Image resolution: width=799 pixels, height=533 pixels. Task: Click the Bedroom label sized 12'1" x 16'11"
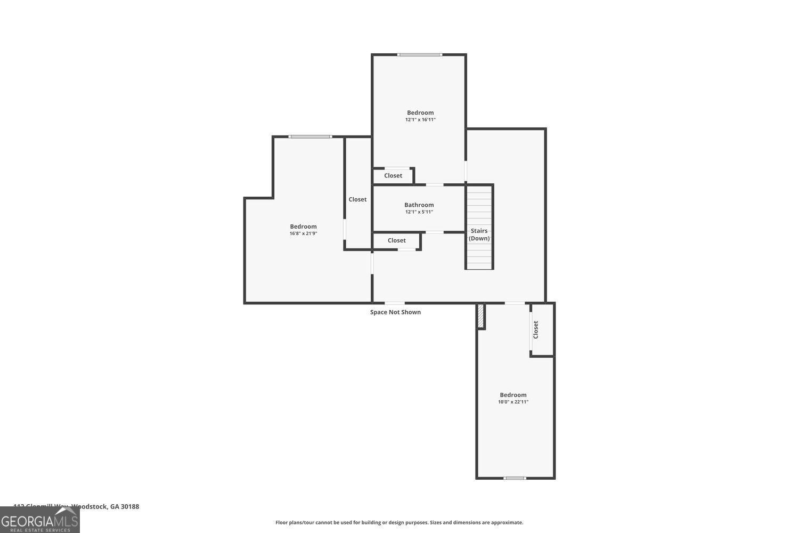(420, 112)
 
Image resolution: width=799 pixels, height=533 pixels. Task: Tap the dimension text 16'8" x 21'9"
(303, 233)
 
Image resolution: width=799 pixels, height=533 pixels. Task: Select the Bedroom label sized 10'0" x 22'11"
(513, 395)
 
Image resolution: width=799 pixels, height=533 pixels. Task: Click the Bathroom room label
(419, 205)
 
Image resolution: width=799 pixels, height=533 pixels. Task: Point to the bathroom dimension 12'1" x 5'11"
(419, 212)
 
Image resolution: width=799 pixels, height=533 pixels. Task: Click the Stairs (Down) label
(479, 235)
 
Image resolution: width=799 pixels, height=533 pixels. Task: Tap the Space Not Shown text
(395, 312)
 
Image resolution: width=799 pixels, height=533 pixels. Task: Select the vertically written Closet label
(536, 329)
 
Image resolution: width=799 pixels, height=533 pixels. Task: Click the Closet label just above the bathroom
(393, 176)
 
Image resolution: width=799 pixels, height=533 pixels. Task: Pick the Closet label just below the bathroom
(396, 241)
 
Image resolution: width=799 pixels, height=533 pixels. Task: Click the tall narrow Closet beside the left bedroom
(357, 199)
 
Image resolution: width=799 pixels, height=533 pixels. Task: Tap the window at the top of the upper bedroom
(419, 54)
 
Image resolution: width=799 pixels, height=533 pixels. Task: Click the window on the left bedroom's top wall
(310, 137)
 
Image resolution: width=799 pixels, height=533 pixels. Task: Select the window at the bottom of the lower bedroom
(515, 478)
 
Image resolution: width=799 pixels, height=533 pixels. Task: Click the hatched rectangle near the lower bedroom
(480, 316)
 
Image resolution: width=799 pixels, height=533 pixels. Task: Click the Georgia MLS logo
(39, 520)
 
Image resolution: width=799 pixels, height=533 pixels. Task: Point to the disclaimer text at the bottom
(399, 522)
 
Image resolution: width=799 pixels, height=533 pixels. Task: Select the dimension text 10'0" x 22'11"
(513, 402)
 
